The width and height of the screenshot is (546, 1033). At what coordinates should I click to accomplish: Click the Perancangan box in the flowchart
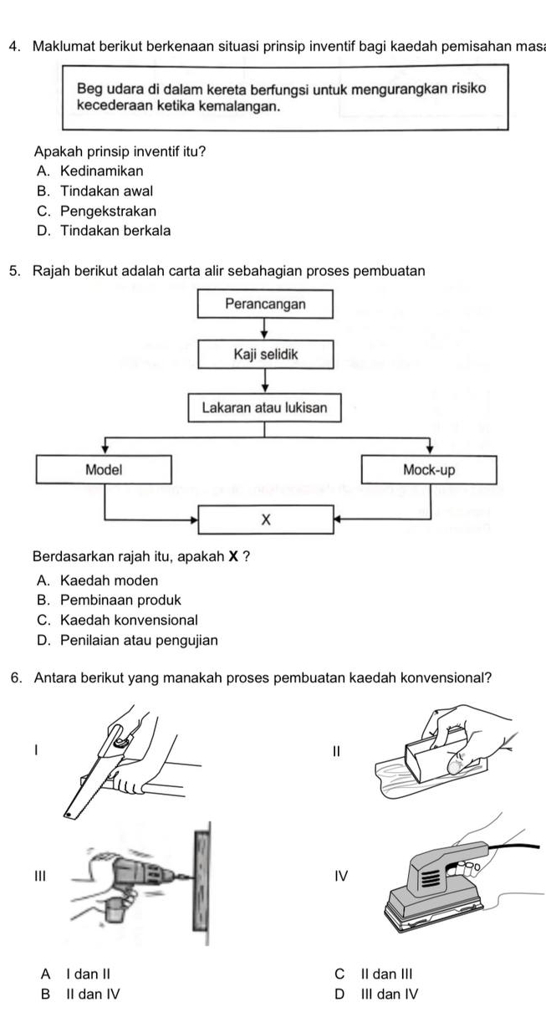[265, 304]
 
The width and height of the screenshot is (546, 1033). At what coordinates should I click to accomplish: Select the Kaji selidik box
[265, 355]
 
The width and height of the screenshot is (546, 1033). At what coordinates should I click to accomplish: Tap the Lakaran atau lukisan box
[265, 409]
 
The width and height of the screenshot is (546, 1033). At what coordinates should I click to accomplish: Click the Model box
[104, 469]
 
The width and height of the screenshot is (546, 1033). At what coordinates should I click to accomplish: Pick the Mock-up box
[429, 469]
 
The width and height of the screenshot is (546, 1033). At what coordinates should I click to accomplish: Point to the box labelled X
[265, 519]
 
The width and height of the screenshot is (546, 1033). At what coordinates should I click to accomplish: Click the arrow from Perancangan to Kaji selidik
[265, 329]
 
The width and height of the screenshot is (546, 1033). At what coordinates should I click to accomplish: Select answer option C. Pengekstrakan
[96, 212]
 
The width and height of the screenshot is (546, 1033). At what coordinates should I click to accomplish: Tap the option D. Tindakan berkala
[104, 231]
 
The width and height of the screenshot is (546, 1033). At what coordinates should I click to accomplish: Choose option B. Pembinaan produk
[109, 601]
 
